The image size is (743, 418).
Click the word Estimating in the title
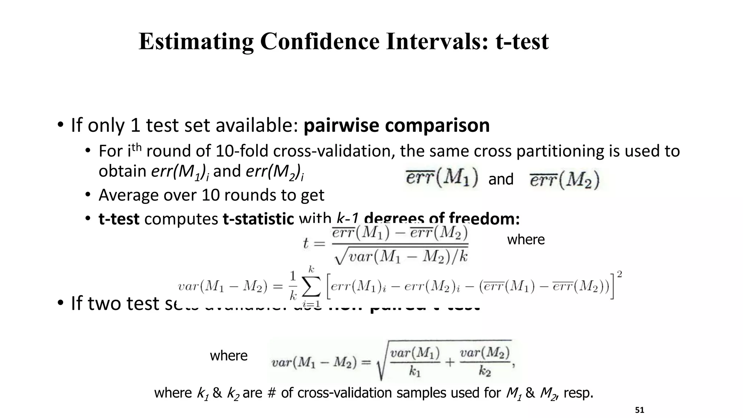[196, 41]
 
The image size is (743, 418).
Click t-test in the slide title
[522, 41]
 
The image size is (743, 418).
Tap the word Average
[129, 195]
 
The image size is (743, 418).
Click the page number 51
[640, 410]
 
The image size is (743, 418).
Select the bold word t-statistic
[258, 219]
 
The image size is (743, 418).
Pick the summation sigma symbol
[311, 287]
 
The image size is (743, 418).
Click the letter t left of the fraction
[306, 243]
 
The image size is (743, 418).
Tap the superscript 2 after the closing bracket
[620, 275]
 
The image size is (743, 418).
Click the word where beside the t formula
[526, 240]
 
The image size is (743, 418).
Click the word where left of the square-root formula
[229, 356]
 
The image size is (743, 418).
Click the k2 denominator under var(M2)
[485, 371]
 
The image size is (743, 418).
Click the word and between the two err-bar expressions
[501, 179]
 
